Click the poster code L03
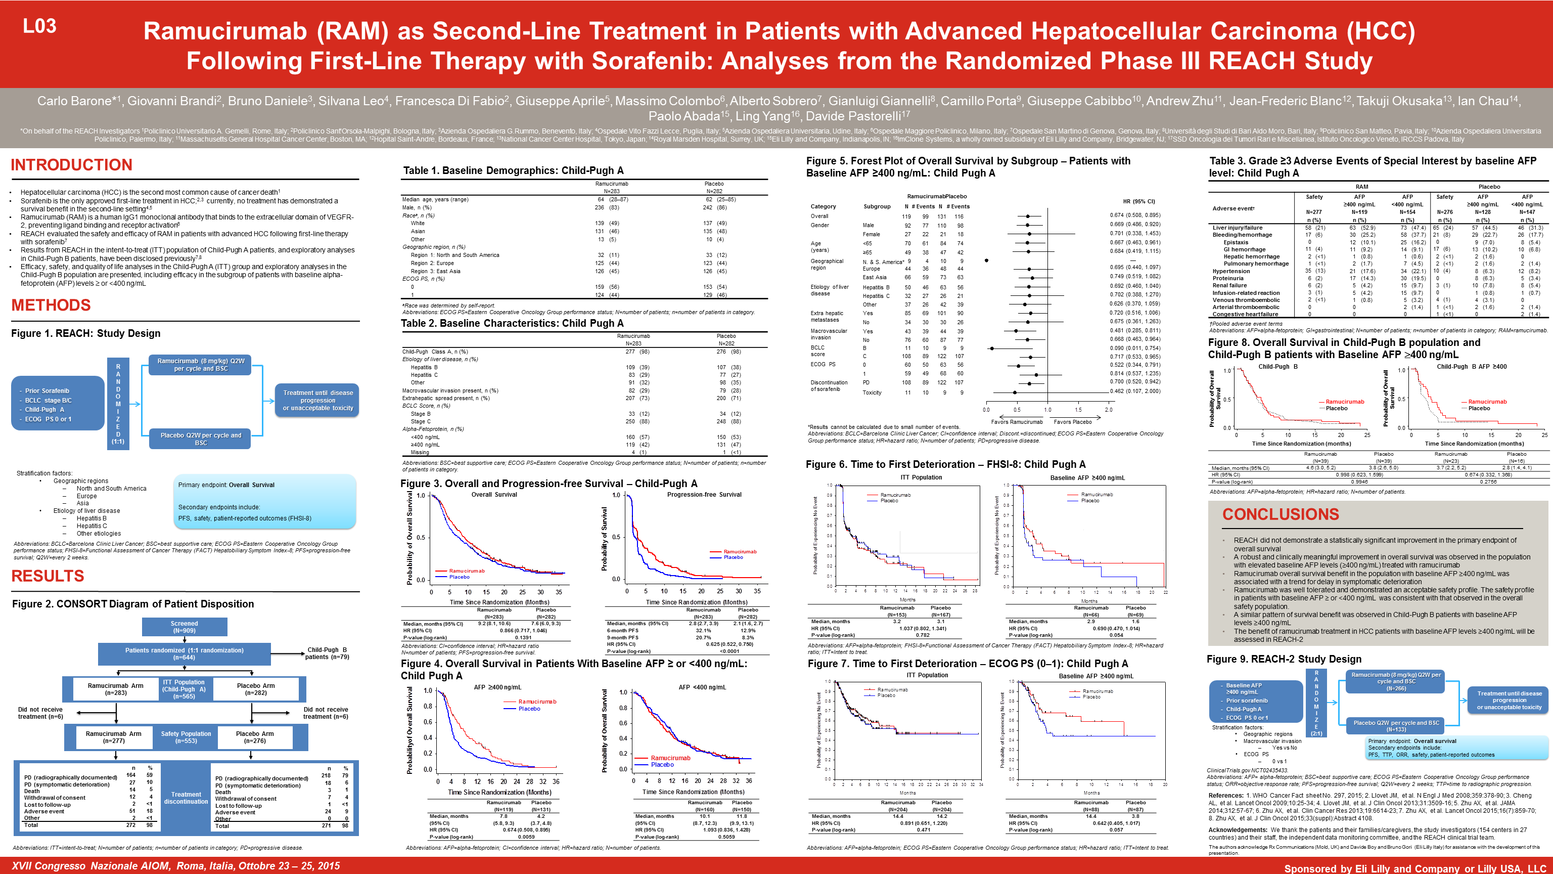point(39,26)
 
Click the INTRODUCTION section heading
point(71,165)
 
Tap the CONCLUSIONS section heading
point(1281,514)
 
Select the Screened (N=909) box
point(184,627)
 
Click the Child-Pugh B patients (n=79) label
point(327,653)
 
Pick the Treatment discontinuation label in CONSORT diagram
point(186,798)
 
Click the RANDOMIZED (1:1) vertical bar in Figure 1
point(118,404)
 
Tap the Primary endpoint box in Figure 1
point(264,501)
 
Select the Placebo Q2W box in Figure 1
point(200,439)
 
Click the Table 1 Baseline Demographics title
point(513,170)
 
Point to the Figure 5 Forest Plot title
point(968,166)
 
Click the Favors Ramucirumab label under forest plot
point(1017,422)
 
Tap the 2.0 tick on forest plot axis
point(1108,410)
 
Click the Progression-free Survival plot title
point(704,495)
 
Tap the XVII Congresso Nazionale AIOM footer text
point(175,865)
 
